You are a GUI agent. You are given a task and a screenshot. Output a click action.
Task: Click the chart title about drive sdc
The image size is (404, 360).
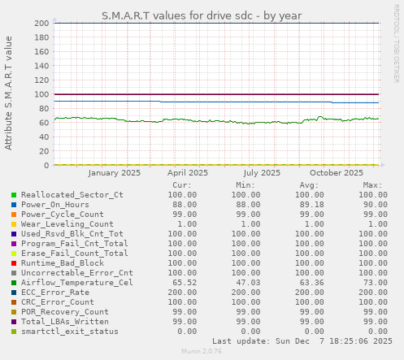pos(202,15)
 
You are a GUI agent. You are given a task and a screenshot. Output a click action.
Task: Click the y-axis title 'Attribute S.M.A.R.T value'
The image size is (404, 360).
pos(9,93)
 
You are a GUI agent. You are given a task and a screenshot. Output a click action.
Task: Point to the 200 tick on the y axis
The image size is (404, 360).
pos(41,23)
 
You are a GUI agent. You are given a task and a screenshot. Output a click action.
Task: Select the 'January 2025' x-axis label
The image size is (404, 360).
pos(114,172)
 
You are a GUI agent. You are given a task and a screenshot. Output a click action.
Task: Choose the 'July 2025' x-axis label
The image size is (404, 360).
pos(262,172)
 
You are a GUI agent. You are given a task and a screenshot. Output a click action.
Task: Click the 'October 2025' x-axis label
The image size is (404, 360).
pos(337,172)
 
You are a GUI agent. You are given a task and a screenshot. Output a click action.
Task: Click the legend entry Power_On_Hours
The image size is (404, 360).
pos(54,205)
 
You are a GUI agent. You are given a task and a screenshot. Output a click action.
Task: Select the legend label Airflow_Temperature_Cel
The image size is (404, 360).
pos(76,283)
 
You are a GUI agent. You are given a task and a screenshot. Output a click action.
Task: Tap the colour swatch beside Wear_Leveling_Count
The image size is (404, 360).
pos(14,224)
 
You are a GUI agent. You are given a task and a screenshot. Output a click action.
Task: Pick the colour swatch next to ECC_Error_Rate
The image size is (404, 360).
pos(14,293)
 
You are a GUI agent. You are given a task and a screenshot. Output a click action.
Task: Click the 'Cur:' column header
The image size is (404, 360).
pos(183,184)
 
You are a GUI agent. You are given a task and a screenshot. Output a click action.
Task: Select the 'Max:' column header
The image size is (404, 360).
pos(372,184)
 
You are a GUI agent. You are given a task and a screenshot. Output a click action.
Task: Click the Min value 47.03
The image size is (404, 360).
pos(245,283)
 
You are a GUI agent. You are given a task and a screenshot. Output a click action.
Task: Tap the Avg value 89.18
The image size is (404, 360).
pos(309,205)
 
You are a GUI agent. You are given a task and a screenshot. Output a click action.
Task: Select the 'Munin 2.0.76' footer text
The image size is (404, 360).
pos(202,353)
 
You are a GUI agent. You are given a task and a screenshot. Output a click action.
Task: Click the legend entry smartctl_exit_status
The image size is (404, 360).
pos(69,332)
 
